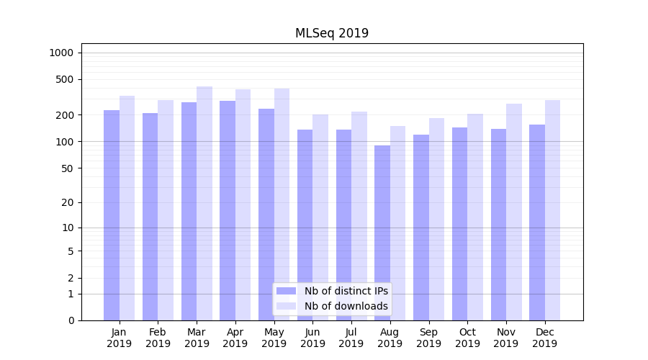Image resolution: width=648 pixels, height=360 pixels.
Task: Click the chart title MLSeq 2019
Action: tap(331, 33)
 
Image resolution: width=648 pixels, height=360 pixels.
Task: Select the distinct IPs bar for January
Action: tap(112, 216)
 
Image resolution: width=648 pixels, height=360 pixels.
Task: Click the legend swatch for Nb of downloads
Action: tap(286, 306)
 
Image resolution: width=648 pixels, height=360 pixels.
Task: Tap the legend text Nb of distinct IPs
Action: tap(346, 291)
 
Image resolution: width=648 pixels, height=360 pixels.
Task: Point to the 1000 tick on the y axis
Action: tap(61, 53)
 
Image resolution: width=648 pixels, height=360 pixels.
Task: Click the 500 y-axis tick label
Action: tap(65, 79)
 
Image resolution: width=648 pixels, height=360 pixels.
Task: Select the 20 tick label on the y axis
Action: tap(68, 202)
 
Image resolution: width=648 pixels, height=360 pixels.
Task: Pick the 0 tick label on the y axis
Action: tap(71, 320)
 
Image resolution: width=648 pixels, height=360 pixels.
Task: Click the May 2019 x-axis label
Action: tap(274, 338)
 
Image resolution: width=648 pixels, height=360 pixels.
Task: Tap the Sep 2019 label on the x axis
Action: tap(428, 338)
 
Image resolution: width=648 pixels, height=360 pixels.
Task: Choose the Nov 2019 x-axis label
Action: tap(506, 338)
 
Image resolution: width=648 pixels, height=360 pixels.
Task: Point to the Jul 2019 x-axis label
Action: tap(351, 338)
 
